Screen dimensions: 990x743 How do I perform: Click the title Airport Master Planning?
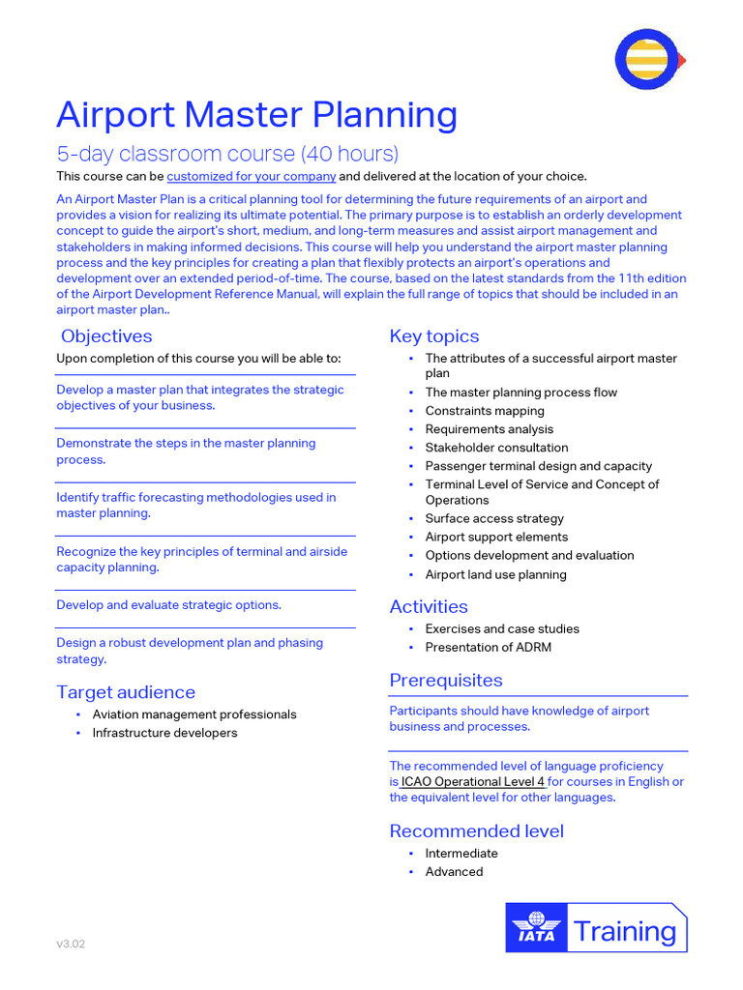[256, 115]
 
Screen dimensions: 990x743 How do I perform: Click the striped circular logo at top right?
[648, 60]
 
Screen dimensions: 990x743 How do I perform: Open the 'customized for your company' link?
[252, 176]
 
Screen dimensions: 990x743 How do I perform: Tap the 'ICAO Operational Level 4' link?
[473, 781]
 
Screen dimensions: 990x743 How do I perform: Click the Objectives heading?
[106, 336]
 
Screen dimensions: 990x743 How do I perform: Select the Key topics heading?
[433, 336]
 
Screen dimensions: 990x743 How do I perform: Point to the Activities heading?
[429, 607]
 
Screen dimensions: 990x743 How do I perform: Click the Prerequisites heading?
[446, 681]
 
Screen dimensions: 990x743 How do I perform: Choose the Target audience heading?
[126, 692]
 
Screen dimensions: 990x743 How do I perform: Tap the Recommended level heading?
[476, 831]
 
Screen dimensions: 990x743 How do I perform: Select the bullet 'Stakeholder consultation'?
[496, 448]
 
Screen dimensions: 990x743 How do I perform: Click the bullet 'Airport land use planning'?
[495, 574]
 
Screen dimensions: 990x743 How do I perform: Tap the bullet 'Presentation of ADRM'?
[488, 647]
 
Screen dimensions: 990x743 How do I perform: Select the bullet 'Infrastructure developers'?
[164, 733]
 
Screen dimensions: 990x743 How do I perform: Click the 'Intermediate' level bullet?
[461, 854]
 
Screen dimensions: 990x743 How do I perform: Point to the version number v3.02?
[71, 944]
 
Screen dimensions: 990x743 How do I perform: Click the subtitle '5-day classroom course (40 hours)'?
[227, 154]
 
